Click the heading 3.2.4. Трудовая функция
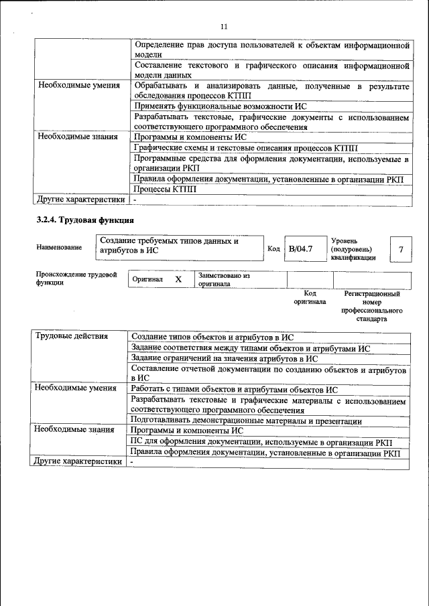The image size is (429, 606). pyautogui.click(x=84, y=220)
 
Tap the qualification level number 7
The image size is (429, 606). pyautogui.click(x=401, y=249)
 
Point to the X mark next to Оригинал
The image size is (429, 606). pyautogui.click(x=178, y=279)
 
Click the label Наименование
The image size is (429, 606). pyautogui.click(x=59, y=247)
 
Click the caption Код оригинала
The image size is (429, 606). pyautogui.click(x=309, y=297)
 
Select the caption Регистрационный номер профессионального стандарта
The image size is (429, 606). pyautogui.click(x=372, y=307)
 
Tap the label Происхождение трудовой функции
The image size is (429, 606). pyautogui.click(x=76, y=279)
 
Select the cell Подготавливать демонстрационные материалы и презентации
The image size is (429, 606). pyautogui.click(x=246, y=421)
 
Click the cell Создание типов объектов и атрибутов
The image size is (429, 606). pyautogui.click(x=212, y=337)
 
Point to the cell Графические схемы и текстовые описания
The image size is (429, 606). pyautogui.click(x=246, y=147)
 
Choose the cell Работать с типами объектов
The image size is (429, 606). pyautogui.click(x=234, y=390)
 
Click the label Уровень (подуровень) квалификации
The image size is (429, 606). pyautogui.click(x=353, y=249)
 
